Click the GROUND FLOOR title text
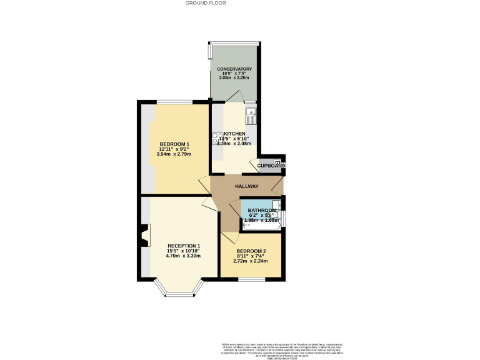pyautogui.click(x=206, y=3)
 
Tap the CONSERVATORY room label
pyautogui.click(x=234, y=69)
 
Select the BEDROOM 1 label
pyautogui.click(x=174, y=144)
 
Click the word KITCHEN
pyautogui.click(x=235, y=134)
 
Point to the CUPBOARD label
pyautogui.click(x=271, y=166)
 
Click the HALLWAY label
pyautogui.click(x=247, y=186)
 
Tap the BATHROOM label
pyautogui.click(x=261, y=210)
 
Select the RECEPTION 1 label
pyautogui.click(x=183, y=246)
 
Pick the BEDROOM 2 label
pyautogui.click(x=251, y=251)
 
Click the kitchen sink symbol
pyautogui.click(x=250, y=114)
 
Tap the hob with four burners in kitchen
pyautogui.click(x=216, y=138)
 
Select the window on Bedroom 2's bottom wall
pyautogui.click(x=251, y=278)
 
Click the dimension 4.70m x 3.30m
pyautogui.click(x=183, y=256)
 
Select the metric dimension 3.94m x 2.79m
pyautogui.click(x=174, y=154)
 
